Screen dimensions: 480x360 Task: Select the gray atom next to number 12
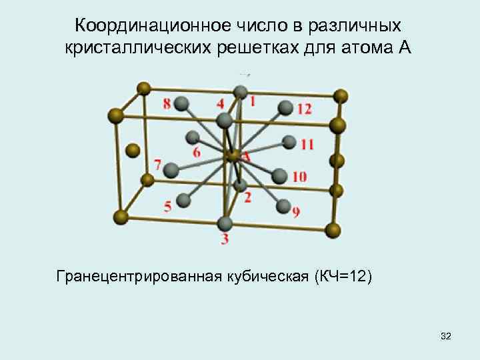285,107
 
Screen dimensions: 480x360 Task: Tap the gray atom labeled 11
289,142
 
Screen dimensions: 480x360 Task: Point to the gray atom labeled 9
283,206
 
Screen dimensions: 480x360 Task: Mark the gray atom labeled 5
184,199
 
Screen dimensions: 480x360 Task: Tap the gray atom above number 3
225,223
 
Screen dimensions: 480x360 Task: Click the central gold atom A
233,157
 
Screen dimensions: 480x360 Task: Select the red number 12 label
304,109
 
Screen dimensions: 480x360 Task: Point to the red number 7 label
157,164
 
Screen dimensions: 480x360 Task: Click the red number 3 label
225,239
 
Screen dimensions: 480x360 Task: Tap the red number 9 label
295,213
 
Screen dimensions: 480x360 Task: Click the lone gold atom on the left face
133,150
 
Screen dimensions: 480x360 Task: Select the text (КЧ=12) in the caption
345,275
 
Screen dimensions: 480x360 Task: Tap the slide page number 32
446,338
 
